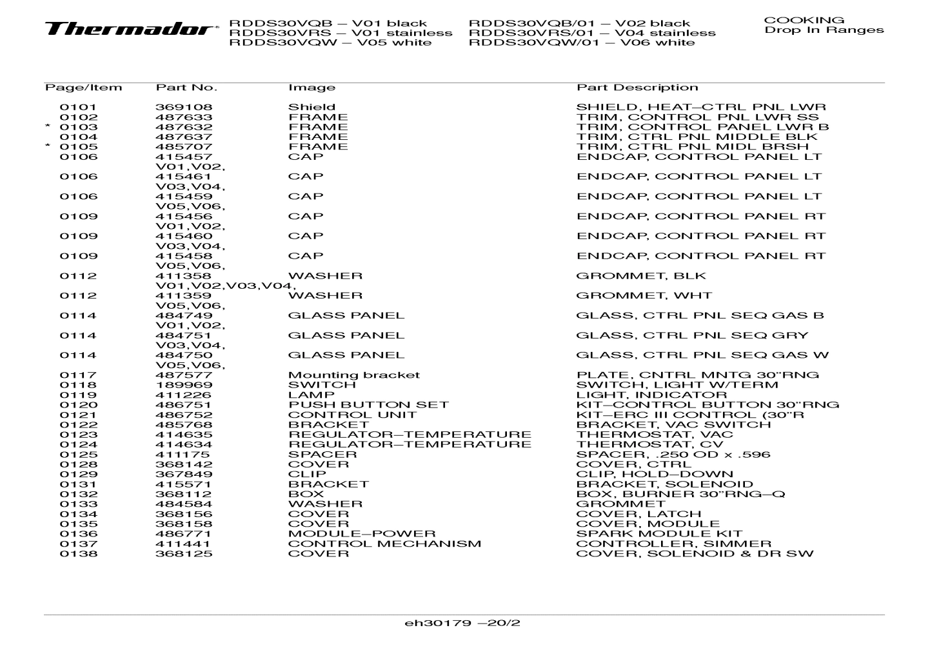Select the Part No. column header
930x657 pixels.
(186, 88)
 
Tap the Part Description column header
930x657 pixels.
(637, 88)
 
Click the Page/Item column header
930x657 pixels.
(83, 88)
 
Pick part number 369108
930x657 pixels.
(184, 108)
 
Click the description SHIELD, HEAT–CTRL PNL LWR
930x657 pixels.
(701, 108)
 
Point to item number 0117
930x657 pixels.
(79, 375)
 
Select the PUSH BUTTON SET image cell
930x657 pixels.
(368, 405)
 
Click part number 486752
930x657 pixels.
(184, 415)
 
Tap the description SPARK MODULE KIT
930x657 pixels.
(659, 534)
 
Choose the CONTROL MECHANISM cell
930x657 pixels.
(384, 544)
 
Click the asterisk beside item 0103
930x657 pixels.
(48, 126)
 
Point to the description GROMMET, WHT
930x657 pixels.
(644, 296)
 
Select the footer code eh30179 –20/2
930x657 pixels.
(462, 623)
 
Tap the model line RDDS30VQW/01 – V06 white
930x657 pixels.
(582, 43)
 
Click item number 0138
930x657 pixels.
(79, 554)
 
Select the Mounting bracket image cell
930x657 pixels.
(353, 375)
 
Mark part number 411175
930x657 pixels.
(184, 455)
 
